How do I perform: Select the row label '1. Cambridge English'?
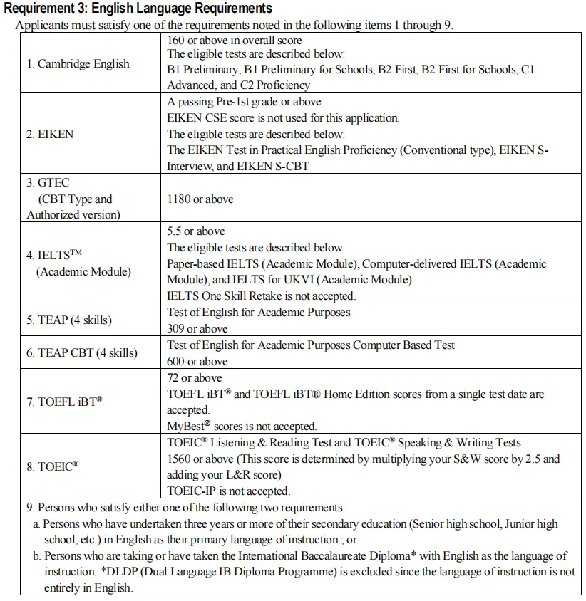click(x=78, y=64)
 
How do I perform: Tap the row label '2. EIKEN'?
click(x=50, y=134)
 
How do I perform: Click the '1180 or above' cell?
click(x=200, y=199)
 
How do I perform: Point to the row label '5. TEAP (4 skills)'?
click(x=69, y=320)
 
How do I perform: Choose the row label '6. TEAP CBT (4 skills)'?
click(x=82, y=352)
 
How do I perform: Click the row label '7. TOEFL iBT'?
click(x=64, y=402)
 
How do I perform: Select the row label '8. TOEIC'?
click(x=53, y=466)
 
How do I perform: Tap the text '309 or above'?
click(x=197, y=328)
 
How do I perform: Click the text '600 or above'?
click(x=197, y=361)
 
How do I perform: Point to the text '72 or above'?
click(x=194, y=377)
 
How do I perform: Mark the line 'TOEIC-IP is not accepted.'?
click(x=228, y=491)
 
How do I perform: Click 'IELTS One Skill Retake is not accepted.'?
click(x=261, y=296)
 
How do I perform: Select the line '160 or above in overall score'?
click(x=234, y=41)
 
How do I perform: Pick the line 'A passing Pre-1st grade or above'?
click(x=244, y=102)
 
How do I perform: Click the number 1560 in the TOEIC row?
click(x=180, y=459)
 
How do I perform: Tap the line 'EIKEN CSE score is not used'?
click(x=283, y=118)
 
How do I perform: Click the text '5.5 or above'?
click(x=195, y=231)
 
